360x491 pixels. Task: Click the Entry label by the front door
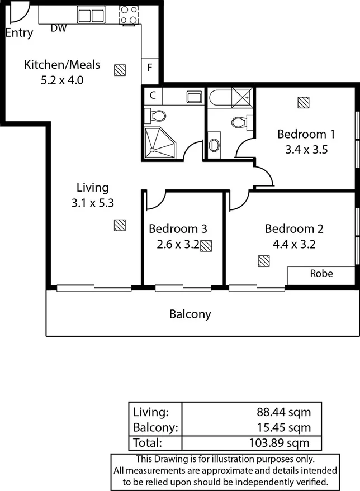[19, 32]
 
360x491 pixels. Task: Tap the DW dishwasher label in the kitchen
[59, 28]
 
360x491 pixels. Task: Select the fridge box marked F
[149, 68]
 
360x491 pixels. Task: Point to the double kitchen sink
[91, 15]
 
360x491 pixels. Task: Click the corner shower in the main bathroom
[160, 143]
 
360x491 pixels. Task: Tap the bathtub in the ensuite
[221, 98]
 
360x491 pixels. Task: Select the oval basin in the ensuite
[214, 145]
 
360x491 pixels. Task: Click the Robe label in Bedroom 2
[321, 274]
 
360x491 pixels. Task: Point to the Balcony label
[190, 314]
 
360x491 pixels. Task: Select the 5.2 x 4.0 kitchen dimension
[61, 80]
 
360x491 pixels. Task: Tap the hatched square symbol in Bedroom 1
[303, 103]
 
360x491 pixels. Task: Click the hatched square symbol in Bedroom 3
[206, 245]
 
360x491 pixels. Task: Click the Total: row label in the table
[148, 443]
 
